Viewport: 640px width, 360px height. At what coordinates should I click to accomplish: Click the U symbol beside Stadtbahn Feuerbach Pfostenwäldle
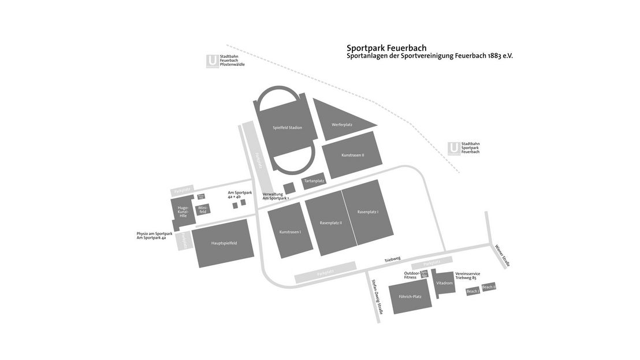click(x=212, y=61)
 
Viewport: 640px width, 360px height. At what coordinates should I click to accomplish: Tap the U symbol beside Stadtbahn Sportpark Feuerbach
click(x=454, y=148)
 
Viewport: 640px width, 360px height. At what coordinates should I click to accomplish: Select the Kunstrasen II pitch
click(x=352, y=155)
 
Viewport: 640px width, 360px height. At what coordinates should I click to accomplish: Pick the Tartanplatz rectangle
click(x=314, y=181)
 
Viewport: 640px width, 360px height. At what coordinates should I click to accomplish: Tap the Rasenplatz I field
click(x=368, y=212)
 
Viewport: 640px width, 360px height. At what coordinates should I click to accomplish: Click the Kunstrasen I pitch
click(x=290, y=232)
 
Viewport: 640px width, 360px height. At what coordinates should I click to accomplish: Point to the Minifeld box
click(x=203, y=210)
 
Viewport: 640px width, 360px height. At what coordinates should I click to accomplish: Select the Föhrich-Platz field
click(x=410, y=297)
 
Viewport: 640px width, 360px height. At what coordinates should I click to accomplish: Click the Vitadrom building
click(x=444, y=283)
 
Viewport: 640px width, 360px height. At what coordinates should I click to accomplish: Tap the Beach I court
click(x=473, y=292)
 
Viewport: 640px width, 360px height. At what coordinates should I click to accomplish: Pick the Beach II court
click(x=489, y=287)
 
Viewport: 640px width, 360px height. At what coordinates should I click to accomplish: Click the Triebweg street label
click(x=392, y=259)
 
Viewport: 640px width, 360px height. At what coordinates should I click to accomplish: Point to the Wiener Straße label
click(x=502, y=256)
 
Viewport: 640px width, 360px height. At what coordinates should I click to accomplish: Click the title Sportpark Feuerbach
click(x=386, y=48)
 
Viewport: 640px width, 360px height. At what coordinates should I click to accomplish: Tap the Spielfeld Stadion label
click(x=287, y=128)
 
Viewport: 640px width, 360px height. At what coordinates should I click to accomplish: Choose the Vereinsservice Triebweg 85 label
click(x=467, y=276)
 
